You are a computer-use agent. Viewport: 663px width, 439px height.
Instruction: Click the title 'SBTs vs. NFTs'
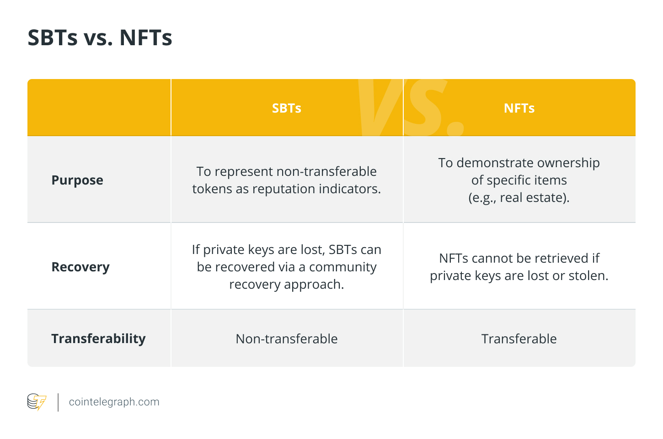100,37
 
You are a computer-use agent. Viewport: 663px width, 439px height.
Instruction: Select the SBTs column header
287,108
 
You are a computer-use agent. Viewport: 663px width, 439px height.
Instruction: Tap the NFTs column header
519,108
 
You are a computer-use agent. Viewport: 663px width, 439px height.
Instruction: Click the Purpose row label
77,180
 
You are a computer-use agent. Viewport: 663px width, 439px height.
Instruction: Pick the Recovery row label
80,267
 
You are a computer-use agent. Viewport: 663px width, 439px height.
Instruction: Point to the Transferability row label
98,339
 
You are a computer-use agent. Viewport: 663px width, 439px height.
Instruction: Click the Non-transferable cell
287,339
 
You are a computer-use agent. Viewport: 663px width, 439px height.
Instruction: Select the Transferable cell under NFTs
519,339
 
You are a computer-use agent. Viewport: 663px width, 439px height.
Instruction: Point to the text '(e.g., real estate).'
519,198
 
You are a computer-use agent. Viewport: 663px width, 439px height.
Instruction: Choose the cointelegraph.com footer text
114,402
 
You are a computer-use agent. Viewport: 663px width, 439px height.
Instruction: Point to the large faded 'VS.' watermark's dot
455,128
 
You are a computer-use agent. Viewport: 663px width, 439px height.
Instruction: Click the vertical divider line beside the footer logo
58,402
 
